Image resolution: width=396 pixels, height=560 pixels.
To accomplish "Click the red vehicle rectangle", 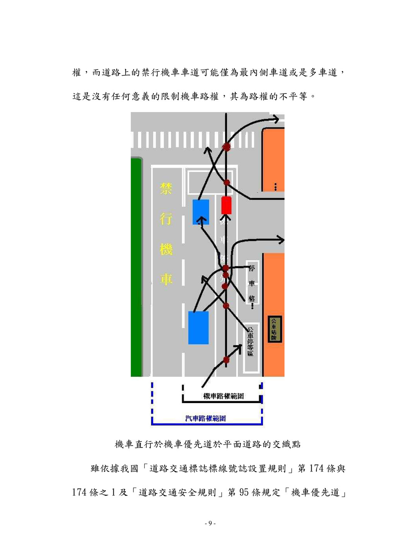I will pyautogui.click(x=226, y=205).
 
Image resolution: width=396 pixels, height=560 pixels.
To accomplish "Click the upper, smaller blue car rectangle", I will pyautogui.click(x=201, y=212).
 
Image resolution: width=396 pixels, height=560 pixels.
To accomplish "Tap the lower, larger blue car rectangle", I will pyautogui.click(x=198, y=328).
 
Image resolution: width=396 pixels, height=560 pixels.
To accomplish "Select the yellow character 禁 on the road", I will pyautogui.click(x=166, y=189).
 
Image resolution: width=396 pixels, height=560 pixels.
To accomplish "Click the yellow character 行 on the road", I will pyautogui.click(x=166, y=219).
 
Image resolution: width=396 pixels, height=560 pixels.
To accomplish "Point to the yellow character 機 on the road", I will pyautogui.click(x=166, y=249).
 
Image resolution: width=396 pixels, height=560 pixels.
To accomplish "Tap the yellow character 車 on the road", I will pyautogui.click(x=166, y=279).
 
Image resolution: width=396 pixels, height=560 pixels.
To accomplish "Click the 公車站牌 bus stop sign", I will pyautogui.click(x=275, y=329).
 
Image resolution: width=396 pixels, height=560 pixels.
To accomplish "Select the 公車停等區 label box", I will pyautogui.click(x=251, y=341).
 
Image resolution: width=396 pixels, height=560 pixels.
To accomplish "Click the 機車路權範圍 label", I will pyautogui.click(x=223, y=396).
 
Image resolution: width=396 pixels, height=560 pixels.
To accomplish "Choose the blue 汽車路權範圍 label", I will pyautogui.click(x=205, y=419).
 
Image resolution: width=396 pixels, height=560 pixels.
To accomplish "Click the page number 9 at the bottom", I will pyautogui.click(x=210, y=523).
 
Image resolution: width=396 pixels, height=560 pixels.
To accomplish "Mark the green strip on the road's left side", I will pyautogui.click(x=136, y=267).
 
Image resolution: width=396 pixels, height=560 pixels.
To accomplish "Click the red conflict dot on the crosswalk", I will pyautogui.click(x=226, y=146).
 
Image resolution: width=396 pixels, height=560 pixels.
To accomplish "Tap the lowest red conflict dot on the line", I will pyautogui.click(x=226, y=360).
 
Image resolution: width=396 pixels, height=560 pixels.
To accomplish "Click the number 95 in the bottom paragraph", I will pyautogui.click(x=244, y=492).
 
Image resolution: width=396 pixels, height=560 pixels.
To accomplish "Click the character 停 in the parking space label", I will pyautogui.click(x=252, y=269).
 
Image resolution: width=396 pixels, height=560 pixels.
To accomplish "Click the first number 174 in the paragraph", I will pyautogui.click(x=316, y=468).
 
